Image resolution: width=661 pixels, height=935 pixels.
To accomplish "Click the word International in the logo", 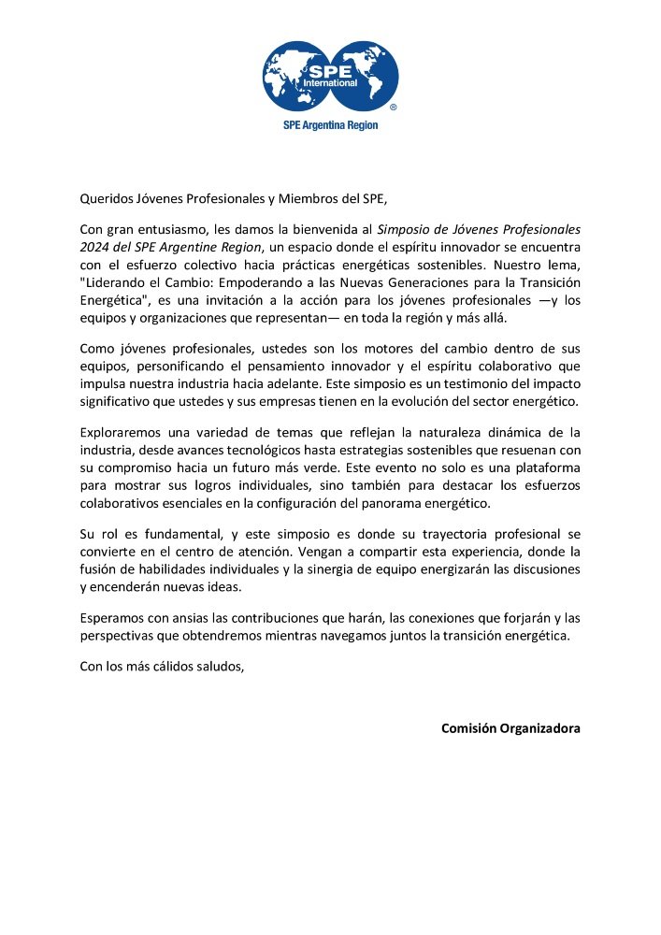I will [x=331, y=83].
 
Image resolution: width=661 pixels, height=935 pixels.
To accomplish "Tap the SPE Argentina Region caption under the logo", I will [x=330, y=125].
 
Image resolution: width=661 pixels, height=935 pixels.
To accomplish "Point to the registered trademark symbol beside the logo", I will [x=393, y=108].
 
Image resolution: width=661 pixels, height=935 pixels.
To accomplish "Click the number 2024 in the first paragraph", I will [x=94, y=247].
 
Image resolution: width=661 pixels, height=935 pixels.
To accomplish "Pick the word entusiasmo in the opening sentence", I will [x=171, y=229].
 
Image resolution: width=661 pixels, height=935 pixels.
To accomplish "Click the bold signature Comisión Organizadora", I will [x=510, y=727].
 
